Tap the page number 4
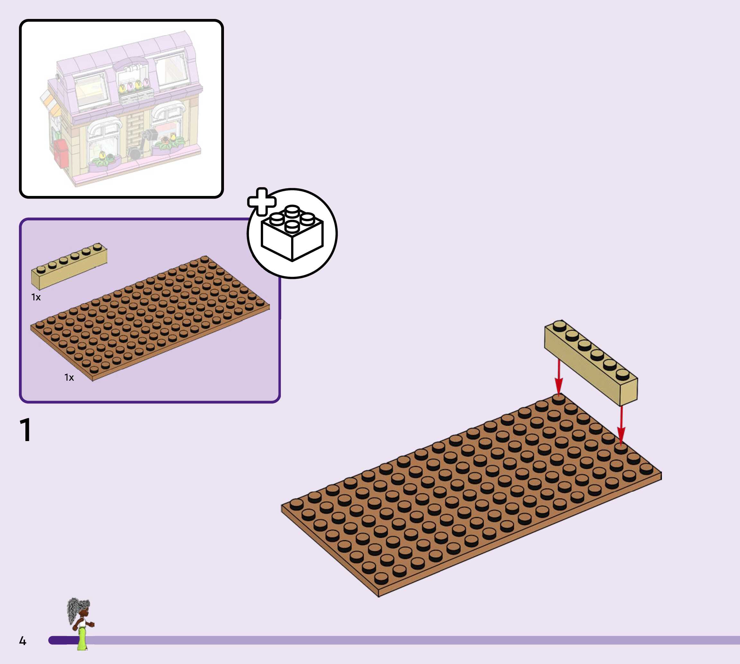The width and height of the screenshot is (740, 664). click(x=22, y=641)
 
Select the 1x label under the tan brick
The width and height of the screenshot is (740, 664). click(x=36, y=297)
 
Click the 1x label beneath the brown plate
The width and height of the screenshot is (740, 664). click(x=69, y=377)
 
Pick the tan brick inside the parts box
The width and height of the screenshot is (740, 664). click(x=69, y=266)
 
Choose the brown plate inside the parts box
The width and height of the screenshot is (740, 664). click(x=150, y=319)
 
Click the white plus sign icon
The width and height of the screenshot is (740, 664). click(x=262, y=202)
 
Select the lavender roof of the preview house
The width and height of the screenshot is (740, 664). click(x=124, y=55)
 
